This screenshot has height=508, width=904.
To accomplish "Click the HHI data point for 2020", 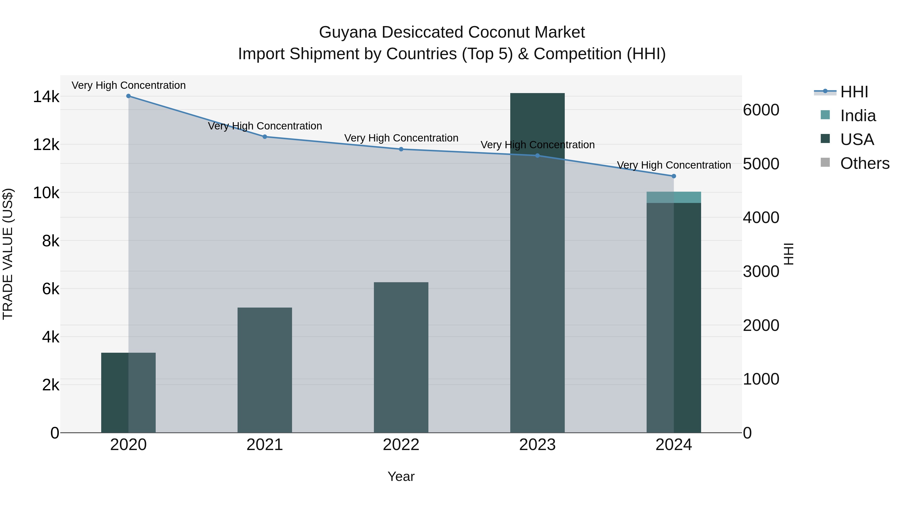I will [x=128, y=96].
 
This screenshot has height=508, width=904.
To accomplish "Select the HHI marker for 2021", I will [x=265, y=137].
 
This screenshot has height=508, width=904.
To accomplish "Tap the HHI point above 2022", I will [x=401, y=149].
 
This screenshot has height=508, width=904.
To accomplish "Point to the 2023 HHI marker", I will [x=538, y=156].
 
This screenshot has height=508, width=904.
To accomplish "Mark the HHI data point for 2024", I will [x=674, y=176].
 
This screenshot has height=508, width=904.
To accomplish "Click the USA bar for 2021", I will [x=265, y=370].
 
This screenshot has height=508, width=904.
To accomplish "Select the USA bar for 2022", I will [x=401, y=357].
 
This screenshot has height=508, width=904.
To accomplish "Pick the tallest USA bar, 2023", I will [x=537, y=263].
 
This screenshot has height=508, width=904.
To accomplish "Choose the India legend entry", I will [x=858, y=116].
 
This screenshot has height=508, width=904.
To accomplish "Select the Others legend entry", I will [x=864, y=163].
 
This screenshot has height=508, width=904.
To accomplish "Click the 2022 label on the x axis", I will [x=401, y=445].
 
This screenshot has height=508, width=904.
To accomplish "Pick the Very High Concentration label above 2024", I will [x=674, y=165].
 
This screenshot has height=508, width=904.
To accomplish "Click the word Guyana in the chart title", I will [x=348, y=32].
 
